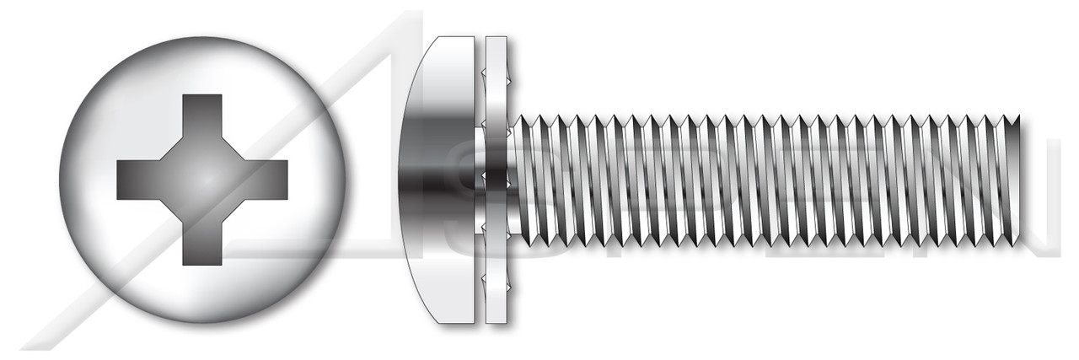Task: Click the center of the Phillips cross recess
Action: pos(202,179)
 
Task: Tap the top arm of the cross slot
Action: pos(202,118)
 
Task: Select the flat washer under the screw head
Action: pos(497,179)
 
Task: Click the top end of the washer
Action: pos(497,40)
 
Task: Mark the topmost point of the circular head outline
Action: pos(202,36)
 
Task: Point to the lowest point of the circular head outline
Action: pos(202,322)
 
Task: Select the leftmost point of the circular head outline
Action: pos(59,179)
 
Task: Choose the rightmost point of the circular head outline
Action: pos(346,179)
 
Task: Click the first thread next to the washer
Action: pos(524,179)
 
